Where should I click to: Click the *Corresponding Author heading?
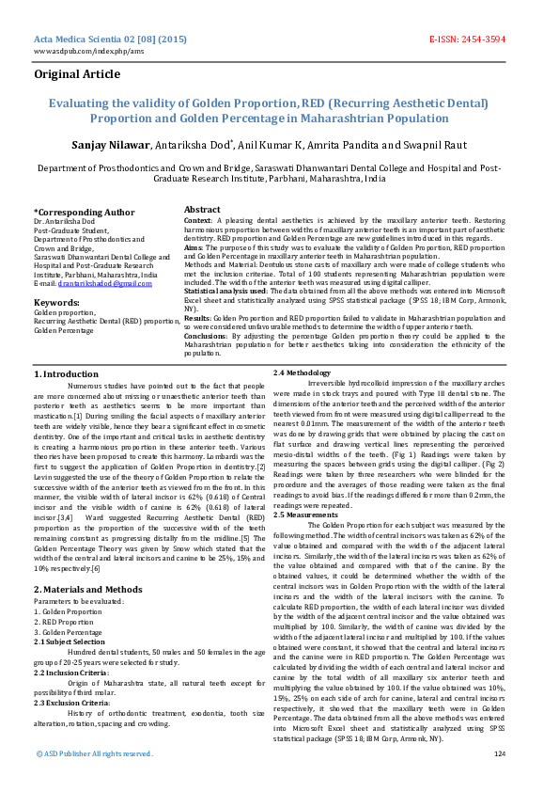pyautogui.click(x=85, y=213)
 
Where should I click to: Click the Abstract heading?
pyautogui.click(x=202, y=209)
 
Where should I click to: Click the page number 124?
pyautogui.click(x=499, y=753)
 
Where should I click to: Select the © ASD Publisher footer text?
pyautogui.click(x=93, y=753)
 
